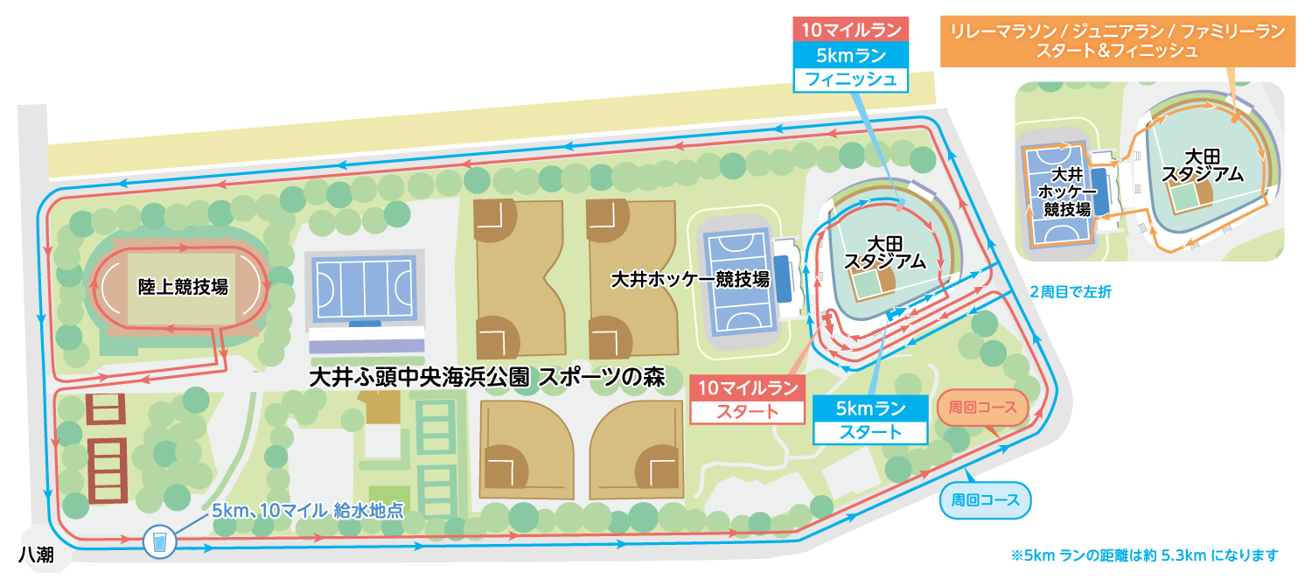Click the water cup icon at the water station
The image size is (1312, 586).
(159, 541)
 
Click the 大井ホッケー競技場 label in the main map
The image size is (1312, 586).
(689, 280)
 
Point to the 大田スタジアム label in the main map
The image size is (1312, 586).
(884, 251)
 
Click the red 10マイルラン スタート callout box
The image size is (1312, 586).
(747, 399)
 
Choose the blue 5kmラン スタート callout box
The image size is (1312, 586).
(869, 420)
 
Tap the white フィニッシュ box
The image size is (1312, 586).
(850, 80)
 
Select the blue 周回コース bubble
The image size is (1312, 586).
(986, 501)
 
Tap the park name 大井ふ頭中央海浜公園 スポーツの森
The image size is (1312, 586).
(487, 378)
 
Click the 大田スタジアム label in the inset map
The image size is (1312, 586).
(1202, 164)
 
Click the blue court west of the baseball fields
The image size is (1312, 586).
(362, 289)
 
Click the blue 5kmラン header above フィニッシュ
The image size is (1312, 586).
(850, 54)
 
